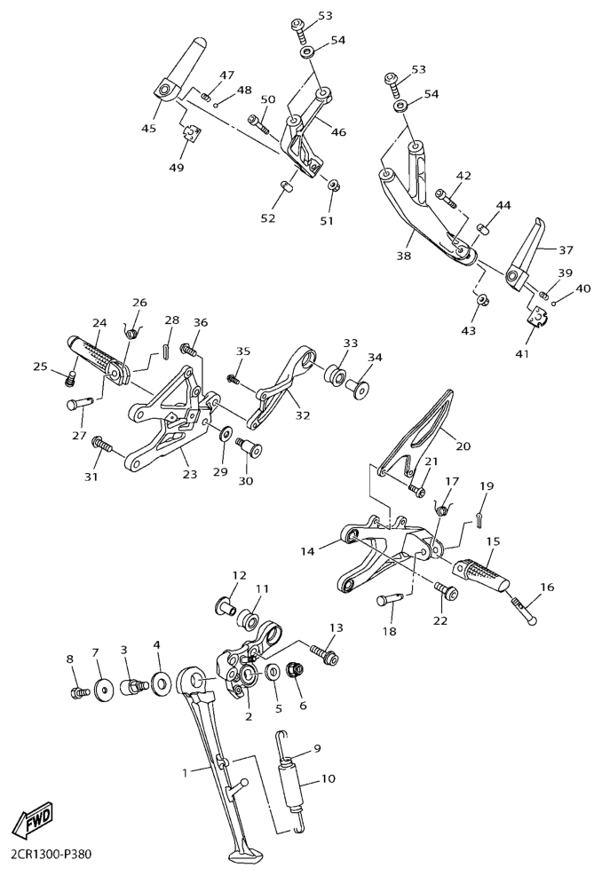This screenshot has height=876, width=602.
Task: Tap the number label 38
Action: point(404,256)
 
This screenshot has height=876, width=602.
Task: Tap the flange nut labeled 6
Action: point(295,670)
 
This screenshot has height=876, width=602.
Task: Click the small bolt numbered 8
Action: point(80,693)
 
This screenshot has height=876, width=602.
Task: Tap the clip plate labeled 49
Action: point(193,134)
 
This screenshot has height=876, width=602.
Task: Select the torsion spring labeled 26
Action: point(132,332)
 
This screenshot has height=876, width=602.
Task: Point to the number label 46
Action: point(338,132)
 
